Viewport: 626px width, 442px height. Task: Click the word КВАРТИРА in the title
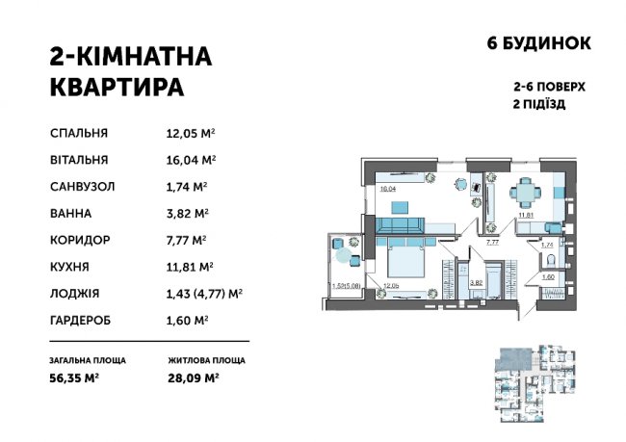coord(116,87)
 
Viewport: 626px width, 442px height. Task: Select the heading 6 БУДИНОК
coord(535,43)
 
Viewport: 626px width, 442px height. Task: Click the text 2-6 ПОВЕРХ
coord(550,86)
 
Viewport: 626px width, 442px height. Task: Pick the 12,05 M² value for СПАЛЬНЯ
coord(190,134)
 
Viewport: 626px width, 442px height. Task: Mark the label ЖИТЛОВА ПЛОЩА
coord(204,361)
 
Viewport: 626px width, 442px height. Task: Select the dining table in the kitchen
coord(523,193)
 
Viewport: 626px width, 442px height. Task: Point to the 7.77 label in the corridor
coord(491,244)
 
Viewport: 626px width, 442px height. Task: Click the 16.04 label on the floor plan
coord(389,190)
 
